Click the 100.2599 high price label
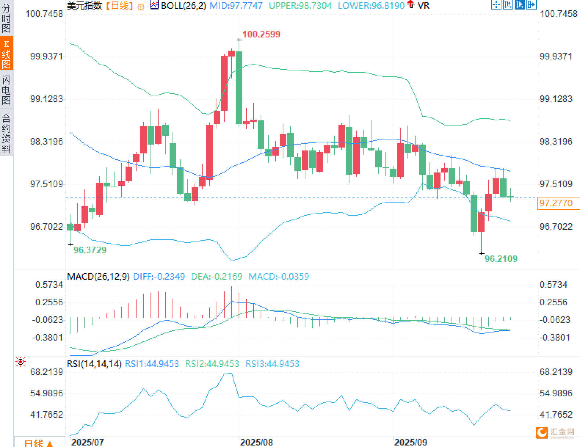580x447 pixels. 261,34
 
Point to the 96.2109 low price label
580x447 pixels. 501,259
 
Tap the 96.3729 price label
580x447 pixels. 90,250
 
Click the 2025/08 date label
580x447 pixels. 256,442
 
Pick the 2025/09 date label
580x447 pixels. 410,442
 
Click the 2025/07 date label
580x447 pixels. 87,442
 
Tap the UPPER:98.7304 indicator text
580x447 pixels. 300,6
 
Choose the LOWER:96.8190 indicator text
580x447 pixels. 371,6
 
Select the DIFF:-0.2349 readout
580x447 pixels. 159,276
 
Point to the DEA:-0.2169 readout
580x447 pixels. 217,276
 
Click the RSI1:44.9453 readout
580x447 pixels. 152,364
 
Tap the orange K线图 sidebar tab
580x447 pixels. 6,54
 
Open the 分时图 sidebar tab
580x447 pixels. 6,18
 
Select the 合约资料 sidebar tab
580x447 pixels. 6,133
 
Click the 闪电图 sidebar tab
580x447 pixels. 6,90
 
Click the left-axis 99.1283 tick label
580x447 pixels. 46,99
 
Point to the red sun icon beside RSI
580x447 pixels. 21,362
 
